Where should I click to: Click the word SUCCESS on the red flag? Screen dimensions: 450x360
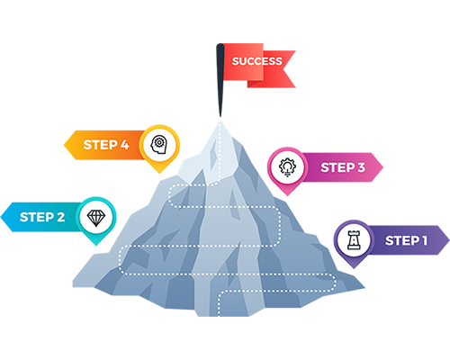tap(256, 61)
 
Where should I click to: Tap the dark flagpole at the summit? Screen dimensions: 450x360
tap(220, 80)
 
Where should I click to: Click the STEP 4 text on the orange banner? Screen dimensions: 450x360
tap(106, 145)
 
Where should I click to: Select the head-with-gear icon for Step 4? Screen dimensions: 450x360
tap(159, 145)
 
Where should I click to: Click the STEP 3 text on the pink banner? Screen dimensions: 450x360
tap(343, 167)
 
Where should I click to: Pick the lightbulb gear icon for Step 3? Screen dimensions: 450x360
tap(287, 167)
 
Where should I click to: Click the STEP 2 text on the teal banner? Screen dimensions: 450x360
tap(42, 217)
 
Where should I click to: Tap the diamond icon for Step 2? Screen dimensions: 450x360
tap(96, 217)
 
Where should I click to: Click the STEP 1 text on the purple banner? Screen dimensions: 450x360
tap(406, 240)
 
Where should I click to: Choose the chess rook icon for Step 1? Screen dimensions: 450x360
tap(354, 240)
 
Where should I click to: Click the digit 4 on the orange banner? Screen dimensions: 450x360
tap(124, 145)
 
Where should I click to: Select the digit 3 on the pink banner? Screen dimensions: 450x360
tap(361, 167)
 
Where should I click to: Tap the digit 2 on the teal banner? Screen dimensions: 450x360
tap(61, 217)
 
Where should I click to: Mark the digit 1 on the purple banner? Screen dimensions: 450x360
tap(424, 240)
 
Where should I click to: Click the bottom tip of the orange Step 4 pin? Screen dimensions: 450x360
tap(160, 174)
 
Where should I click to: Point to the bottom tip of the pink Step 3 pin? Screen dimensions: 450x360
tap(287, 196)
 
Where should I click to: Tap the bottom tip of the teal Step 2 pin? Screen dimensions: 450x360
tap(96, 246)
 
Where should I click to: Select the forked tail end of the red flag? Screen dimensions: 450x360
tap(284, 69)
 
